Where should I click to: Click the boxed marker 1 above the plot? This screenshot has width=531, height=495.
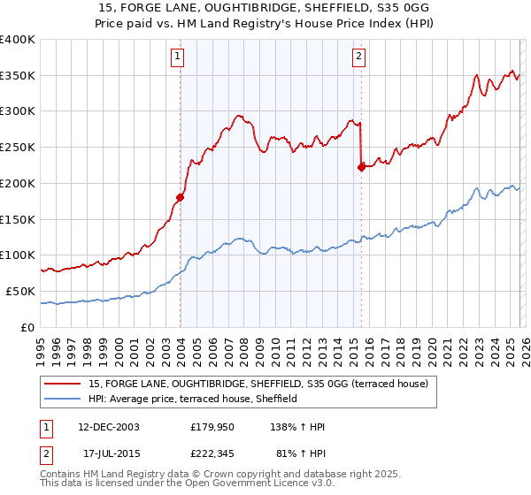point(178,57)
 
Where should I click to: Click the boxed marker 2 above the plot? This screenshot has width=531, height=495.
point(359,57)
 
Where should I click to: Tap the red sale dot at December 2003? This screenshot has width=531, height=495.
point(180,197)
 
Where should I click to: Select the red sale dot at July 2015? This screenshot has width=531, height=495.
point(361,166)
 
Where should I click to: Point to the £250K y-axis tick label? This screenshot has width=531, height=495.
point(17,148)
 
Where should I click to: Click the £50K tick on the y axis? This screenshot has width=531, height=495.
point(20,291)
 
